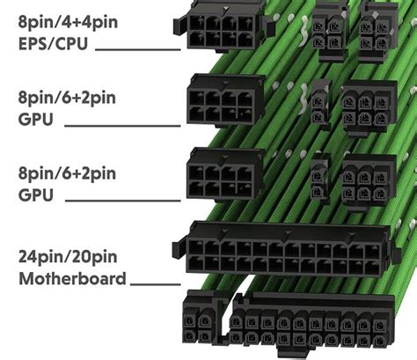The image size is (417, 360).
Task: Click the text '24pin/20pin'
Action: (67, 259)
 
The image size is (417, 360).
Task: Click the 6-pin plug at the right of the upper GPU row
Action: (368, 108)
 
